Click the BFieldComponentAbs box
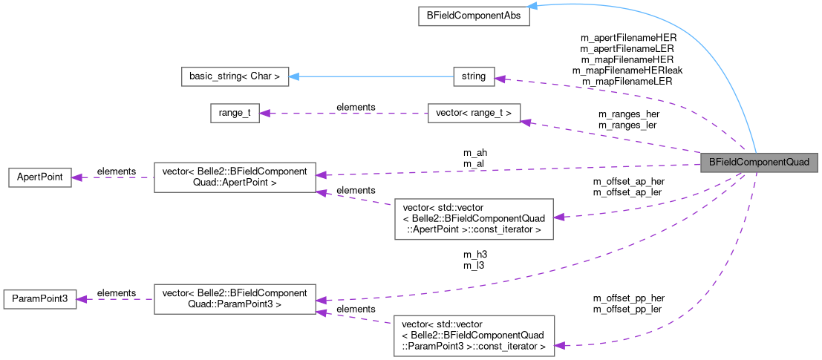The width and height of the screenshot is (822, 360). pos(473,16)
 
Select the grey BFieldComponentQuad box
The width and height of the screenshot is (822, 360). pos(759,162)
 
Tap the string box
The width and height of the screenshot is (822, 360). pos(473,76)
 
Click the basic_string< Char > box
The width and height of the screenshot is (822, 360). pos(234,76)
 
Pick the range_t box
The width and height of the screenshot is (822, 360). pos(234,113)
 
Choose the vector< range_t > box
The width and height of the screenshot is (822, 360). pos(473,113)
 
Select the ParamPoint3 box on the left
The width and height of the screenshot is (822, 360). pos(39,298)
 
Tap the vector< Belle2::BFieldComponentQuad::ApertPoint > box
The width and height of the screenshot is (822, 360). pos(235,177)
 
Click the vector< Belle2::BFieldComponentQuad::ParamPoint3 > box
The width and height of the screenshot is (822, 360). pos(235,298)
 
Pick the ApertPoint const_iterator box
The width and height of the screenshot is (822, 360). pos(473,218)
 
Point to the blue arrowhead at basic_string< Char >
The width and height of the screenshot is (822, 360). pos(294,76)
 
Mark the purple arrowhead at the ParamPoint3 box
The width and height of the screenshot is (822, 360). pos(82,298)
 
